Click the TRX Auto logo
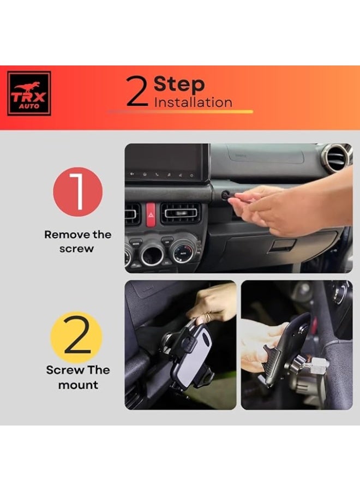[29, 93]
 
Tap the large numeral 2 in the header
[137, 91]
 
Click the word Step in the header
[179, 85]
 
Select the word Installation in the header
[193, 103]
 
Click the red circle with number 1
[77, 191]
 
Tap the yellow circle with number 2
[77, 337]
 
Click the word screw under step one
[77, 249]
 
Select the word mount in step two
[78, 385]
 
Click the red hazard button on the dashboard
[151, 215]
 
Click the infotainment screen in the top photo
[167, 163]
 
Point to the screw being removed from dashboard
[224, 196]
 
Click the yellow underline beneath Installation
[180, 111]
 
